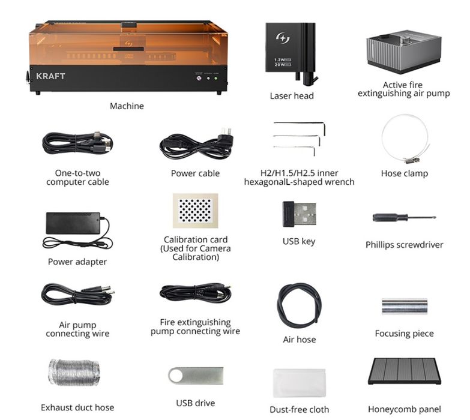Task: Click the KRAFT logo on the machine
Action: (50, 76)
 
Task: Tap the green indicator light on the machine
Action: (215, 78)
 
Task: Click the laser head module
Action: (291, 52)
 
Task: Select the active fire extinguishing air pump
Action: (404, 52)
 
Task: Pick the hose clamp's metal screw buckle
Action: (409, 160)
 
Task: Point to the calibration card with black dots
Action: (196, 210)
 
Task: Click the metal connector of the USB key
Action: (305, 214)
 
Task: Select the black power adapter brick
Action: (73, 223)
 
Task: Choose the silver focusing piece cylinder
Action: (405, 306)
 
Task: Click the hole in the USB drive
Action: (175, 376)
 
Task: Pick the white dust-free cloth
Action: (299, 383)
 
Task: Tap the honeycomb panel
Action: (405, 371)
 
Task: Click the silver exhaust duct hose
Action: (74, 373)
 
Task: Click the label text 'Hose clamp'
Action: (405, 173)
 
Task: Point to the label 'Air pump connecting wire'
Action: (77, 329)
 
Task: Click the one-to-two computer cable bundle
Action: (77, 143)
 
